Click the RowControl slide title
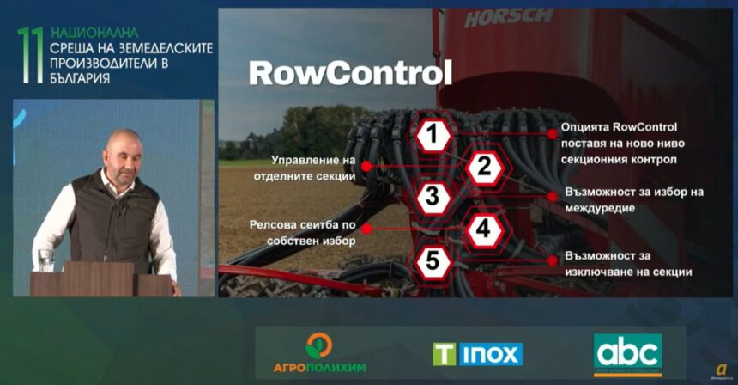[350, 73]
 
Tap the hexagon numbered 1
[433, 135]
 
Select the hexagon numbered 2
[485, 167]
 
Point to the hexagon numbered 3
[433, 197]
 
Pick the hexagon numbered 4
[483, 229]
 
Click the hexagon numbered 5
[433, 261]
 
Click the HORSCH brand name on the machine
[508, 18]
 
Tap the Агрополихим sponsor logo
[319, 352]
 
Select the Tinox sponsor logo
[478, 354]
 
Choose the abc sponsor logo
[628, 355]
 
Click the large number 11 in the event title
[30, 55]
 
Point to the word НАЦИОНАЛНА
[94, 33]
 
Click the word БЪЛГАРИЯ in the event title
[80, 78]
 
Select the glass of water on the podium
[45, 260]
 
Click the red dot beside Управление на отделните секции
[366, 167]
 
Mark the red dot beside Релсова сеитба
[366, 229]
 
